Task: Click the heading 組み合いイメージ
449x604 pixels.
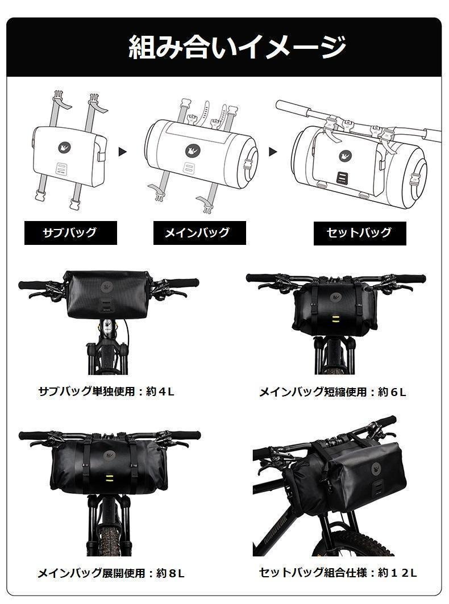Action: (x=237, y=47)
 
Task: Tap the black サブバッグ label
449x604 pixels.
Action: (x=70, y=232)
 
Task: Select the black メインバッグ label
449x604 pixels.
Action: (x=199, y=232)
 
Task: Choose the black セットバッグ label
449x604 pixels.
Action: (x=360, y=233)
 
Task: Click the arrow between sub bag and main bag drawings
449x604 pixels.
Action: (x=123, y=152)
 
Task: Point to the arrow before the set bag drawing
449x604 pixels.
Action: (x=273, y=152)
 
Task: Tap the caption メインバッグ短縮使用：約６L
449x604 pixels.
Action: (x=332, y=391)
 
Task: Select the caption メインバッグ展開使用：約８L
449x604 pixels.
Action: (x=111, y=573)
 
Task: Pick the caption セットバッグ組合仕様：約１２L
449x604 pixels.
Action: (x=338, y=572)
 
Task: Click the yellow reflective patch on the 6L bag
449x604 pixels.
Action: (x=335, y=318)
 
